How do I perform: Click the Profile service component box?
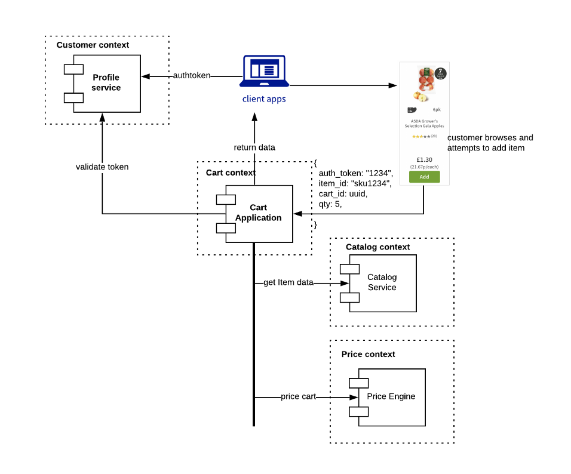106,83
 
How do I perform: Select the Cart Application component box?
259,213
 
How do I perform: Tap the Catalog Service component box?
382,282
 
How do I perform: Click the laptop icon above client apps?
263,72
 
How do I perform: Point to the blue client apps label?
264,99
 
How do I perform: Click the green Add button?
424,177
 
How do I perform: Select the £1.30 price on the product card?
424,159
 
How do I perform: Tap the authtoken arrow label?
191,76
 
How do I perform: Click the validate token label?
102,167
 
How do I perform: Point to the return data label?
254,147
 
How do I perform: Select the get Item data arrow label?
288,282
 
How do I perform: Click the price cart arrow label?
298,396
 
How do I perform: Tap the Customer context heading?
93,45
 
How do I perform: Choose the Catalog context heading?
377,247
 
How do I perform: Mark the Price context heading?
368,354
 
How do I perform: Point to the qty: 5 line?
330,204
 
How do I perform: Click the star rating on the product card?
420,137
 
